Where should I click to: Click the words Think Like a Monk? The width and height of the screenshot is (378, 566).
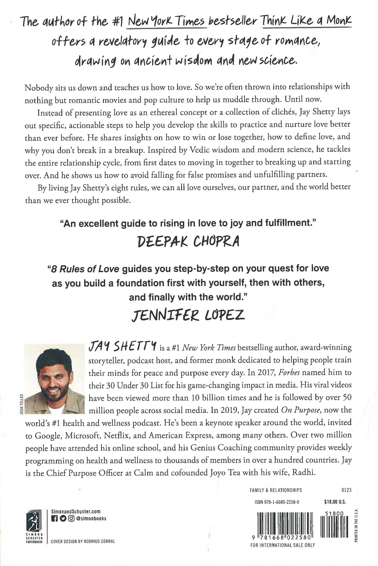[307, 22]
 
